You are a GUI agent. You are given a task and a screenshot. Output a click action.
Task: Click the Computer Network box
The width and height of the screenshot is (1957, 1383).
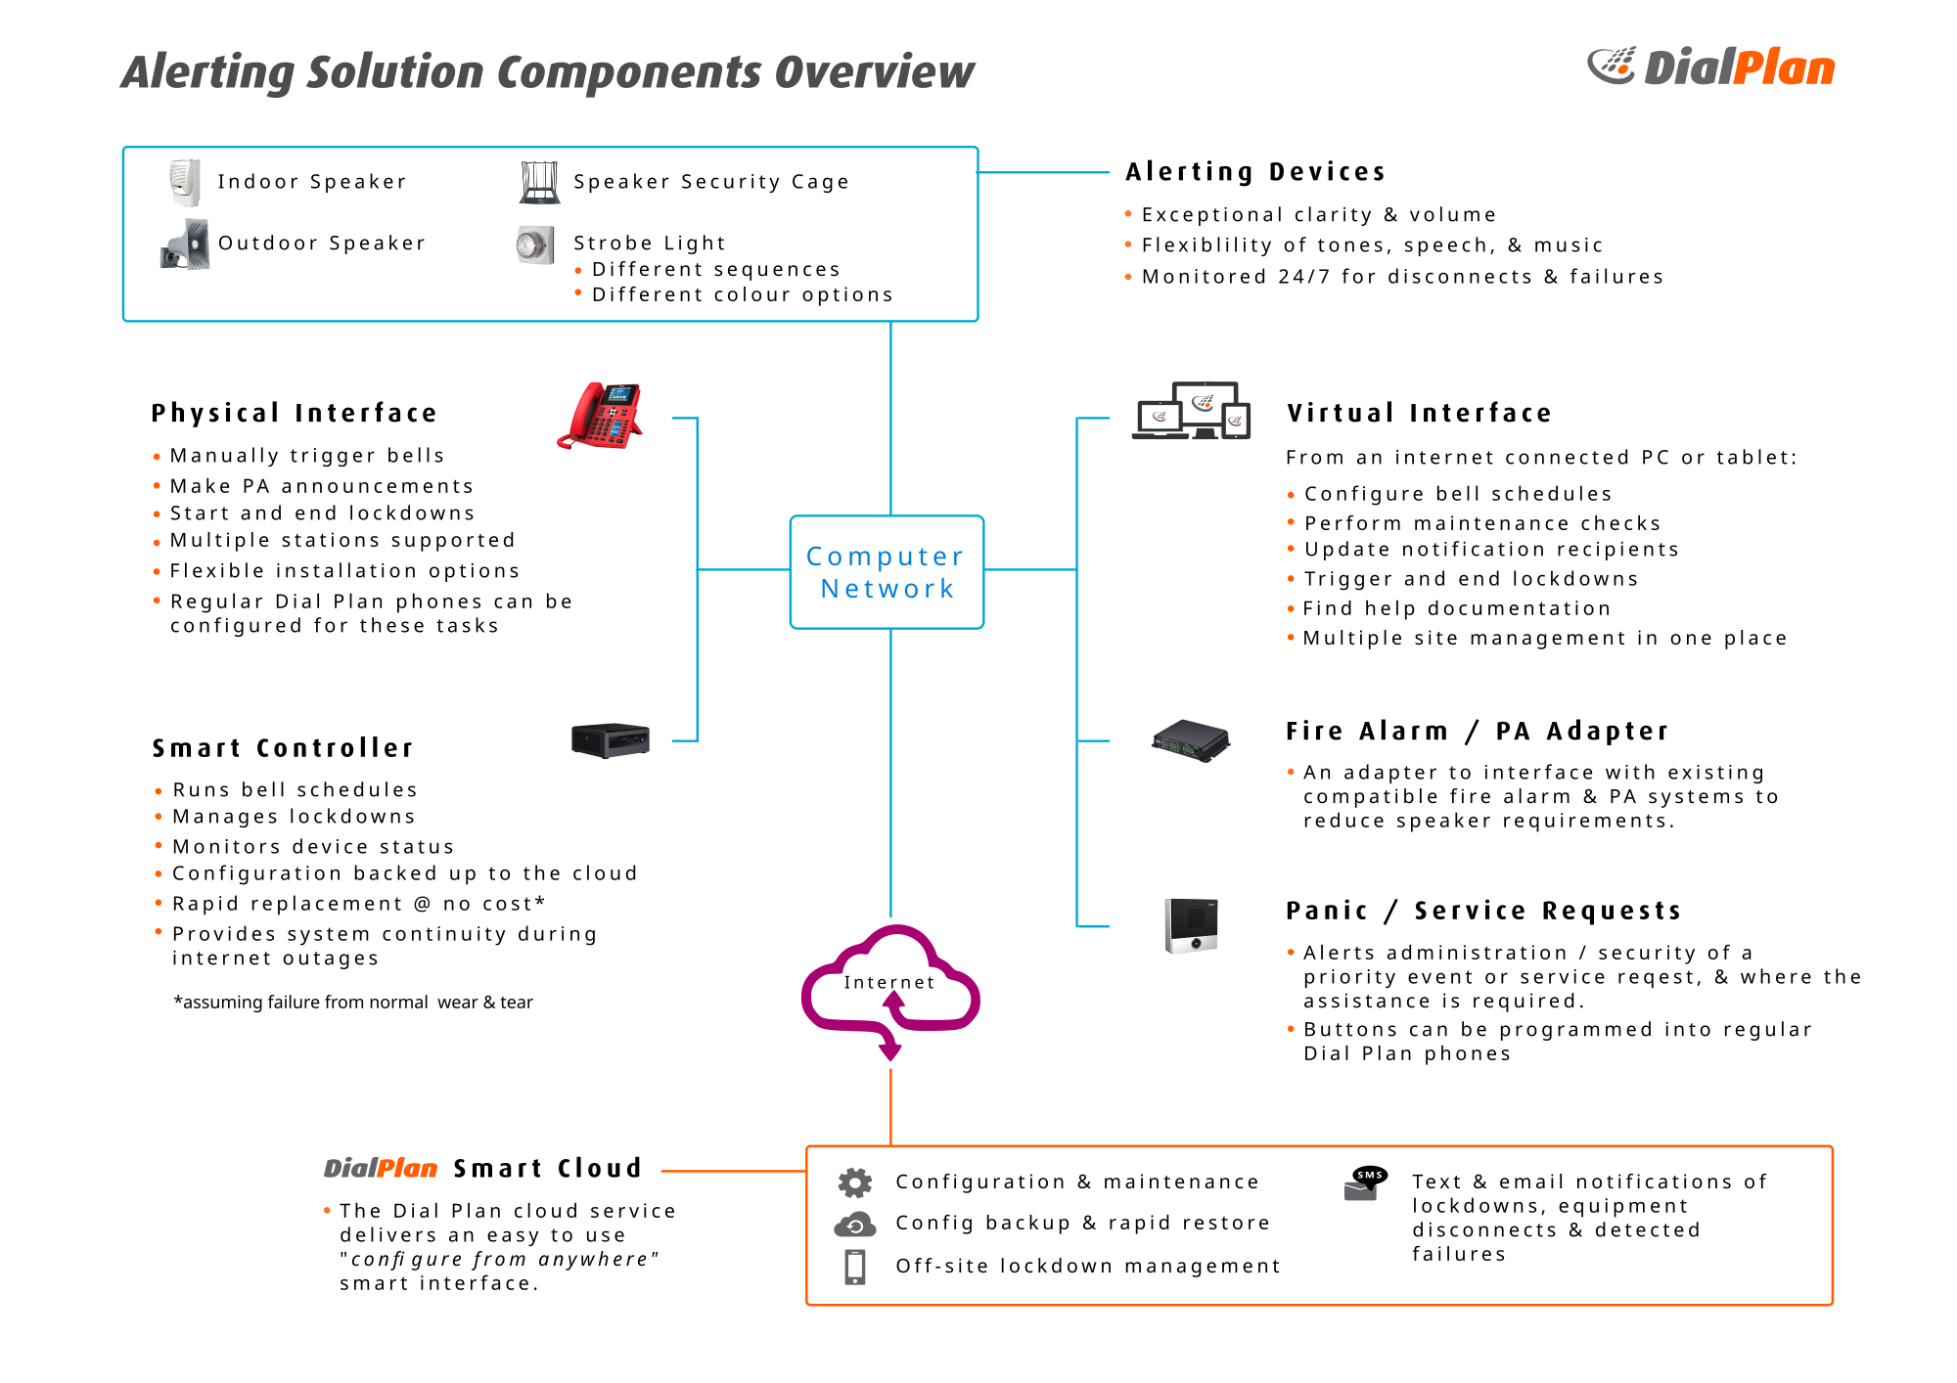(887, 572)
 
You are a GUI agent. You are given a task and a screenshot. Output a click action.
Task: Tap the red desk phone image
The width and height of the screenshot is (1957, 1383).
(601, 416)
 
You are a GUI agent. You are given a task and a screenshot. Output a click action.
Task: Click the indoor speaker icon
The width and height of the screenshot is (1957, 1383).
(185, 182)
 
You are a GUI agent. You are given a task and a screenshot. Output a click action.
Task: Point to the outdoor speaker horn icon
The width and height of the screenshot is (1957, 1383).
(185, 244)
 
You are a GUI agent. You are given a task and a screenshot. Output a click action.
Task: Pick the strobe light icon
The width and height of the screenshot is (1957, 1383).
(534, 245)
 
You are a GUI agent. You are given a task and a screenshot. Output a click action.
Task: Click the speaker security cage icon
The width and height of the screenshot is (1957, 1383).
(539, 182)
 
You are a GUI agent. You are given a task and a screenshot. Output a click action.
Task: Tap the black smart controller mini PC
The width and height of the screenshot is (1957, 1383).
(611, 740)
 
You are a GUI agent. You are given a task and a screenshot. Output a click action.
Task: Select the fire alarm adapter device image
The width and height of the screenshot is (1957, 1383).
(1190, 740)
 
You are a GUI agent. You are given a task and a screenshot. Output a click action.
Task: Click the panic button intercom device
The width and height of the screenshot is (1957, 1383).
(1191, 925)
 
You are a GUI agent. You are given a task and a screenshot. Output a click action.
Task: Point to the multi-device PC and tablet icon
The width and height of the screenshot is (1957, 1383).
(1191, 411)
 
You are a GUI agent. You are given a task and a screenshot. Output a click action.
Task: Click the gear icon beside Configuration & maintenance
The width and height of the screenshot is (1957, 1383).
(854, 1182)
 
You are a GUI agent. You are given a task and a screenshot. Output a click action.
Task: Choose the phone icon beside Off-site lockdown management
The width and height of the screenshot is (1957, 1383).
(854, 1267)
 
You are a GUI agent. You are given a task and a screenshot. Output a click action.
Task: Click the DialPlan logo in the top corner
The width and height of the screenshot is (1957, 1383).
(1710, 67)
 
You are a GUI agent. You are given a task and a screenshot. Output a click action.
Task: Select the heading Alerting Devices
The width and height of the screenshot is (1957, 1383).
(1255, 172)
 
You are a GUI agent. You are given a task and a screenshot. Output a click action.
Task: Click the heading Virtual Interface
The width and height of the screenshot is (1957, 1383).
(1419, 413)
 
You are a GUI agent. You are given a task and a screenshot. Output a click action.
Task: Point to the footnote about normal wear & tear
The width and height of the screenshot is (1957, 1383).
(353, 1003)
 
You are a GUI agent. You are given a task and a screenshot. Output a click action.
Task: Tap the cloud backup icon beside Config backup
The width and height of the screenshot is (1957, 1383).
(854, 1225)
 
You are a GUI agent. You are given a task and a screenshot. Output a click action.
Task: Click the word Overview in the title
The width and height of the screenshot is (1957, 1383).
(874, 72)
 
